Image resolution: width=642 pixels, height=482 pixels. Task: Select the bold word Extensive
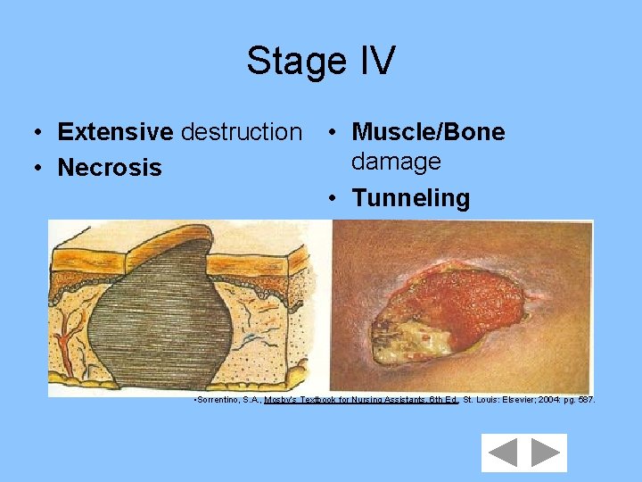pos(115,132)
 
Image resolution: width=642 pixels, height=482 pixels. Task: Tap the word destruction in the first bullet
pos(241,132)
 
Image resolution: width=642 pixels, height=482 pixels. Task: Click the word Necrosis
pos(110,168)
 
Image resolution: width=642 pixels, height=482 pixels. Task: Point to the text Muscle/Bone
pos(428,132)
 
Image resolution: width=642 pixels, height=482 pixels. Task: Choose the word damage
pos(396,162)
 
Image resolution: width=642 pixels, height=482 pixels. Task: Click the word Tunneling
pos(410,198)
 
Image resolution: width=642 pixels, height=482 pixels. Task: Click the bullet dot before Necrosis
pos(36,169)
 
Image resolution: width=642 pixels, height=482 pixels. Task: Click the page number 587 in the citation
pos(585,400)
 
